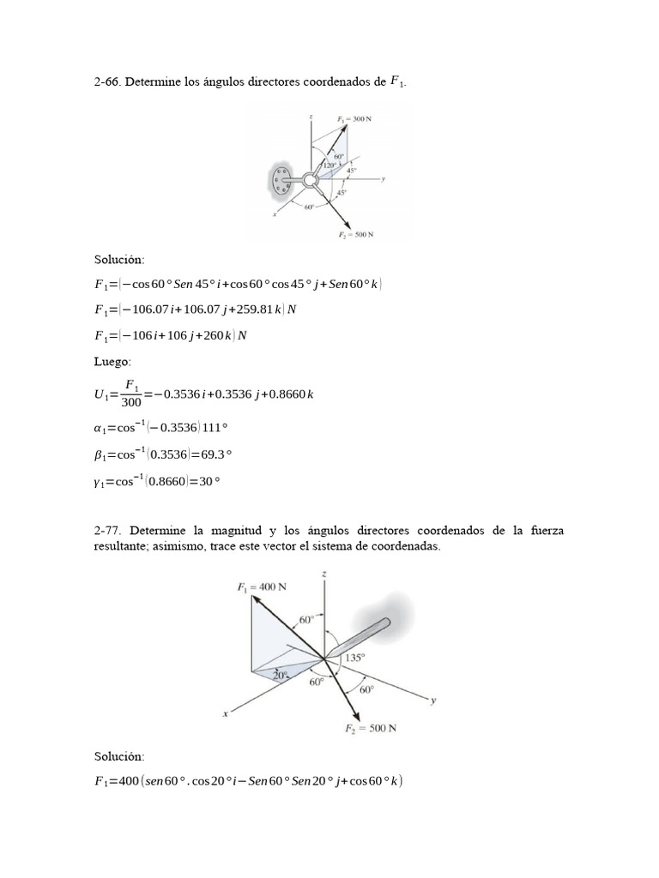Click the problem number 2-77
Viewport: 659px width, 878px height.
[107, 532]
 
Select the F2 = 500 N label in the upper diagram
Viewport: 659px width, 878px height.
[354, 234]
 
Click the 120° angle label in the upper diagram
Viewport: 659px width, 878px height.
[329, 165]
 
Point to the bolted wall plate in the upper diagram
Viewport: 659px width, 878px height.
[280, 182]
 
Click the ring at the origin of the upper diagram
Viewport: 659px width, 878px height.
[311, 180]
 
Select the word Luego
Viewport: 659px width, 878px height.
[112, 363]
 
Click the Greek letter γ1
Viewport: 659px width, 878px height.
[99, 482]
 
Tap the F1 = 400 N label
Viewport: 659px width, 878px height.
[261, 586]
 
